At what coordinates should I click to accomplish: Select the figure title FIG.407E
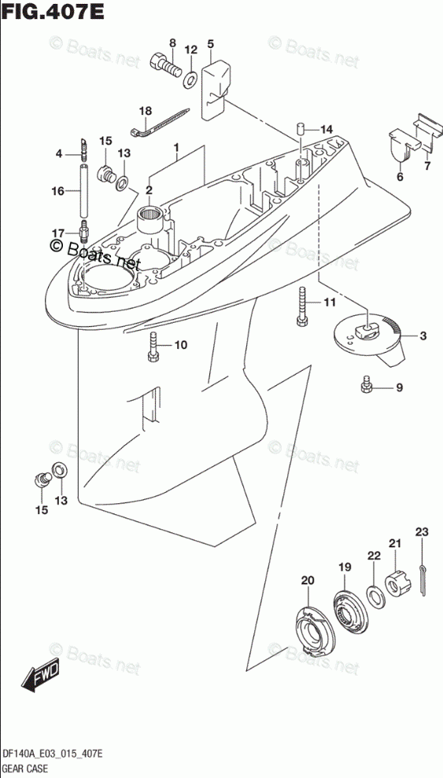[53, 11]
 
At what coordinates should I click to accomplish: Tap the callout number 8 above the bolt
[172, 43]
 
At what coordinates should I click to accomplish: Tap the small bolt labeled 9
[367, 384]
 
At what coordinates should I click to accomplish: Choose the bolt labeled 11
[302, 306]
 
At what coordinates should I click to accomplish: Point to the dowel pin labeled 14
[301, 129]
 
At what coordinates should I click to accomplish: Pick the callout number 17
[58, 233]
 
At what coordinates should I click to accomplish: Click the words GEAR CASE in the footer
[24, 769]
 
